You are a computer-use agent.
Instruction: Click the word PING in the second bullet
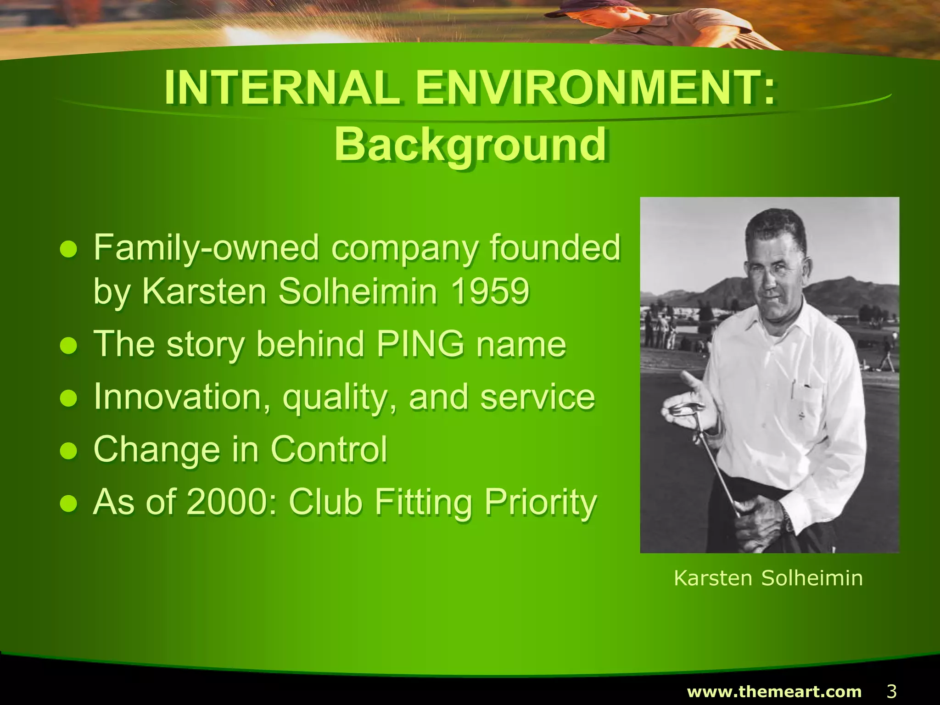(420, 344)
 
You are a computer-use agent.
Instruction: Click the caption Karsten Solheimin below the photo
(768, 578)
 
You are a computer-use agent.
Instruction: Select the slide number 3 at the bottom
(891, 691)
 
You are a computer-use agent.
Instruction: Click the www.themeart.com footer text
(774, 691)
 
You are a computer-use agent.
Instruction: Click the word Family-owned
(206, 248)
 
